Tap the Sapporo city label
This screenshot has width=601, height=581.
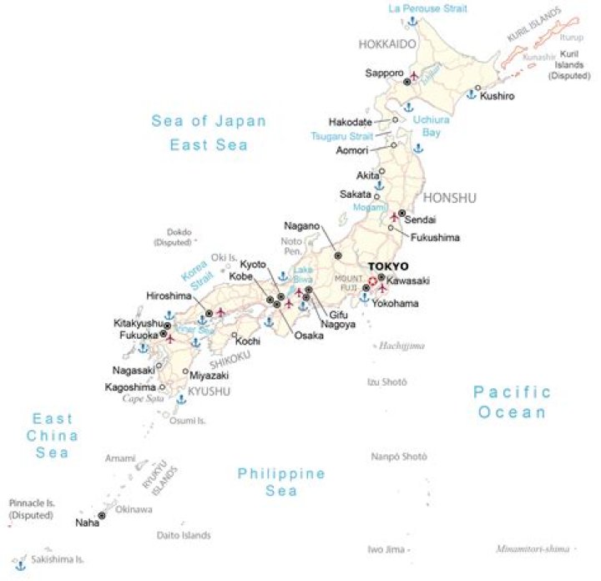pos(384,73)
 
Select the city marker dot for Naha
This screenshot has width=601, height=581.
pos(102,516)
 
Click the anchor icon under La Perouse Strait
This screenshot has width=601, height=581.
pos(412,21)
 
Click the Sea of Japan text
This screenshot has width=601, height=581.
pos(209,121)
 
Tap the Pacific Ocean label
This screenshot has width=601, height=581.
pos(512,402)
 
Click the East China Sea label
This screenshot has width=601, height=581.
pos(53,436)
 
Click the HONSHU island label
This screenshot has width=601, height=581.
pos(450,198)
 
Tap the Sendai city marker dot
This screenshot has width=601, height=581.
pos(402,212)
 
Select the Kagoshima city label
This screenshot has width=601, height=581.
pos(130,387)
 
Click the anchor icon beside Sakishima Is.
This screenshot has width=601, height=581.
pos(20,565)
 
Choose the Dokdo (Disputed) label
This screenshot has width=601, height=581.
pos(173,237)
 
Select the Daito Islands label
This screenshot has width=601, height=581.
pos(184,535)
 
